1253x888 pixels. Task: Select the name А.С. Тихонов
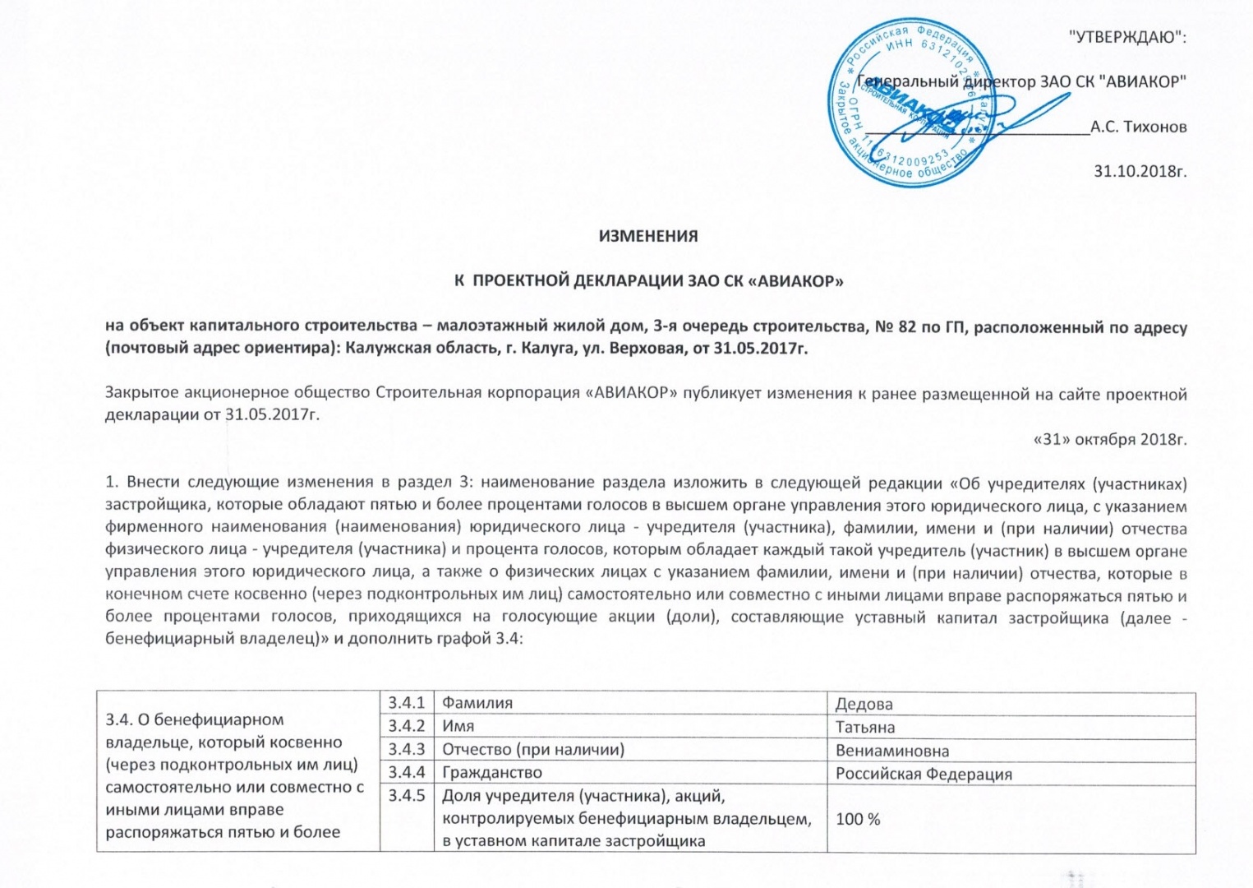1138,127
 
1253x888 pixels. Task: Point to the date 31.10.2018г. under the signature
1140,171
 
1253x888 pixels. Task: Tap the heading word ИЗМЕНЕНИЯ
648,236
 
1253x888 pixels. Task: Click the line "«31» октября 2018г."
1109,438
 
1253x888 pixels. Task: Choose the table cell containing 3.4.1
407,703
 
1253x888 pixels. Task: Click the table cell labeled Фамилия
477,703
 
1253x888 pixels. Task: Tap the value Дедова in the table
864,705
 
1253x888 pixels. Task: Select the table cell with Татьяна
865,728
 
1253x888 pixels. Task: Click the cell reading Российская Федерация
924,774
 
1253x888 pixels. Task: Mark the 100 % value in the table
858,819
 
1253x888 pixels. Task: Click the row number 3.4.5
407,796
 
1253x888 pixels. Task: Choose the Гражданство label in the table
492,773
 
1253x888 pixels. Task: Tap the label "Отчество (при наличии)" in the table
533,750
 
